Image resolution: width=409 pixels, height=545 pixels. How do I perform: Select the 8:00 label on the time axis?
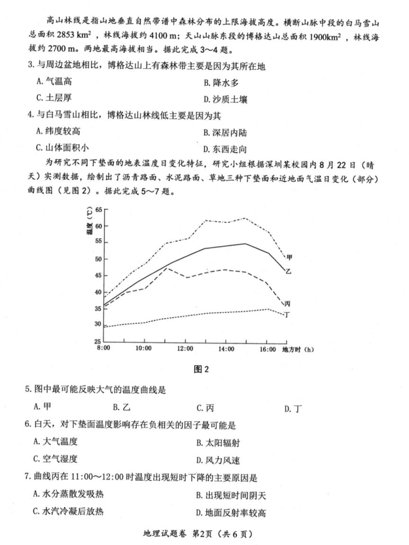point(103,349)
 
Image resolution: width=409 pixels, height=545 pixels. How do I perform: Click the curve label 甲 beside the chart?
point(289,257)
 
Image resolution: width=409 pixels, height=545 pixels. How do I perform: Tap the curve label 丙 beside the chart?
point(287,304)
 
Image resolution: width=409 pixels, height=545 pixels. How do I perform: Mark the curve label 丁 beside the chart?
point(286,314)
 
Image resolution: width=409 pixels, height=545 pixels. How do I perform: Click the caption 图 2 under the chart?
point(201,369)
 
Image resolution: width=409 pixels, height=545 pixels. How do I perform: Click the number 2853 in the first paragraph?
point(79,37)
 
